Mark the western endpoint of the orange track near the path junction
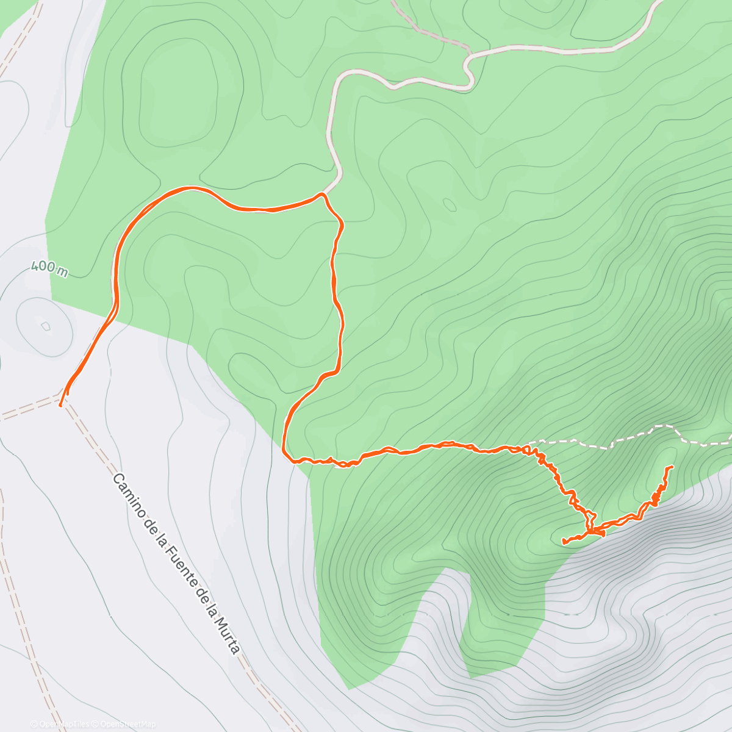60,404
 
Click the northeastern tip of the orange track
672,467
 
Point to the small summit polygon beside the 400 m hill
46,326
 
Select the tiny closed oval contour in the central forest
449,205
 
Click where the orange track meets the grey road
321,194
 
